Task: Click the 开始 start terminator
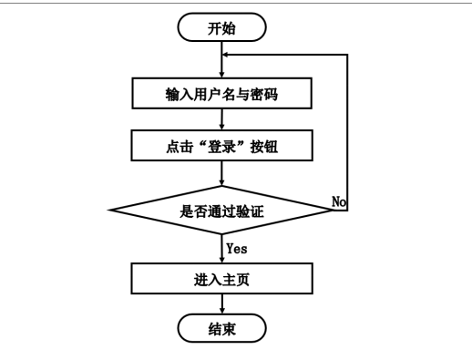tap(222, 27)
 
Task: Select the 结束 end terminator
tap(222, 327)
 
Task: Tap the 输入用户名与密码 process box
tap(222, 93)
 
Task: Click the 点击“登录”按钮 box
tap(222, 144)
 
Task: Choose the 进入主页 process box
tap(222, 278)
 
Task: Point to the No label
tap(340, 201)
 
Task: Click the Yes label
tap(239, 247)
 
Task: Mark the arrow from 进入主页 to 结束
tap(222, 303)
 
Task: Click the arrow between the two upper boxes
tap(222, 118)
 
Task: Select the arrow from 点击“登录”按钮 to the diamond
tap(222, 173)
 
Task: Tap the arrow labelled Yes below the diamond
tap(222, 250)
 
